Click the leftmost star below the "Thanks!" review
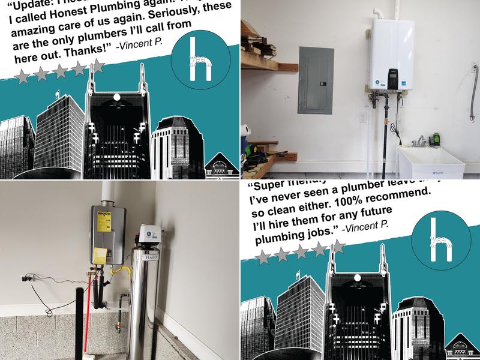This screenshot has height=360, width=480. tap(22, 76)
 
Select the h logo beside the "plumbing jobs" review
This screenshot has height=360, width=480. tap(441, 239)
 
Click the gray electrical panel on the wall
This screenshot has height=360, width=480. tap(316, 80)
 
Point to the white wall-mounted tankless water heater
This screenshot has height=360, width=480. tap(392, 54)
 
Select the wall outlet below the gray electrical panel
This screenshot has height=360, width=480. tap(362, 118)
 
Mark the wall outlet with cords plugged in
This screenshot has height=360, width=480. tap(25, 278)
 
